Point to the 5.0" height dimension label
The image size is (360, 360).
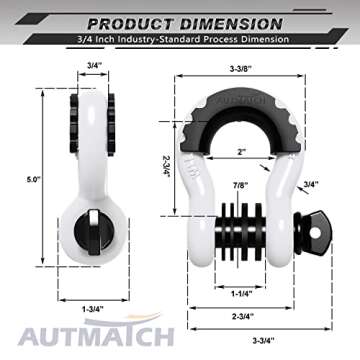tap(34, 179)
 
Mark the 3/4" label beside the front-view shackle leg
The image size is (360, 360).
tap(313, 184)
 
